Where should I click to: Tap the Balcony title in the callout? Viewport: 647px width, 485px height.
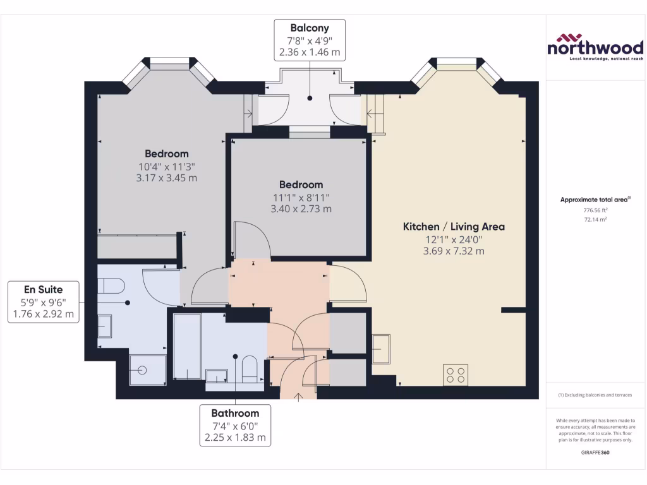pos(309,28)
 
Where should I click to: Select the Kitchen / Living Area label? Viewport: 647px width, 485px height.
pos(454,226)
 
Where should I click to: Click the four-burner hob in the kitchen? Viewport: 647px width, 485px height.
pos(457,374)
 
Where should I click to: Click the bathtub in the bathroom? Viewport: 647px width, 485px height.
pos(187,346)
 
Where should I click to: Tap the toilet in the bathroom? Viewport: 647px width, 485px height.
pos(249,369)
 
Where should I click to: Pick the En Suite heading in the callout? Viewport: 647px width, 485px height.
pos(43,290)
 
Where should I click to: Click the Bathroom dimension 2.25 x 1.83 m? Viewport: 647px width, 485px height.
pos(235,437)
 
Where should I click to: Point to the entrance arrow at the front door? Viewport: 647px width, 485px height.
pos(299,397)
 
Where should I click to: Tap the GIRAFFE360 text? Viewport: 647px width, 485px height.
pos(595,453)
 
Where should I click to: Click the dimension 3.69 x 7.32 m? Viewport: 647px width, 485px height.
pos(454,251)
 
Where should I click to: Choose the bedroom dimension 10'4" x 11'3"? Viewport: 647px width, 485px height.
pos(167,167)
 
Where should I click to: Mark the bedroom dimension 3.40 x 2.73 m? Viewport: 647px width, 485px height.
pos(301,208)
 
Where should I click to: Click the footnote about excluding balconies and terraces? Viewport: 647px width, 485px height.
pos(595,395)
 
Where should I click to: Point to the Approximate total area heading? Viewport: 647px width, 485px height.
pos(594,200)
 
